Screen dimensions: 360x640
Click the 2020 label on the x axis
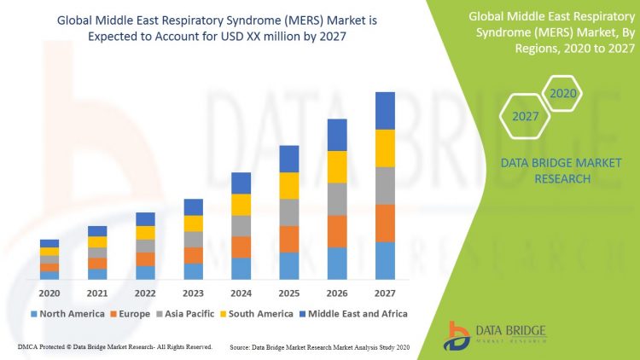coord(49,292)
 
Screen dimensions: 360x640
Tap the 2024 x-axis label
coord(241,292)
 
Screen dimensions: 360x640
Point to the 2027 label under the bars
coord(386,292)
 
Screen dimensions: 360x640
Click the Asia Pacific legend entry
coord(184,314)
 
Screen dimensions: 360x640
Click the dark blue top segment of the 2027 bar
coord(386,111)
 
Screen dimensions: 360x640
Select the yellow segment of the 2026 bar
coord(338,166)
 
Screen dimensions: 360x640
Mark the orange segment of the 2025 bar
coord(289,239)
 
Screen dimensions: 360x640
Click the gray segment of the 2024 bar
coord(241,225)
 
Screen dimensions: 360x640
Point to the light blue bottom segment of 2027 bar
coord(386,260)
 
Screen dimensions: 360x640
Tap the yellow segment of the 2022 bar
coord(145,232)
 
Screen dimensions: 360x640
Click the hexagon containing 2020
coord(563,93)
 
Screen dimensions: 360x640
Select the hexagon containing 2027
coord(525,117)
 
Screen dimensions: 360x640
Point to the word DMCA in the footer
coord(27,347)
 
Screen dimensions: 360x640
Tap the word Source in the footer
coord(242,347)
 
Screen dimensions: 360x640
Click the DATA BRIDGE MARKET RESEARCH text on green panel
coord(561,171)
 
